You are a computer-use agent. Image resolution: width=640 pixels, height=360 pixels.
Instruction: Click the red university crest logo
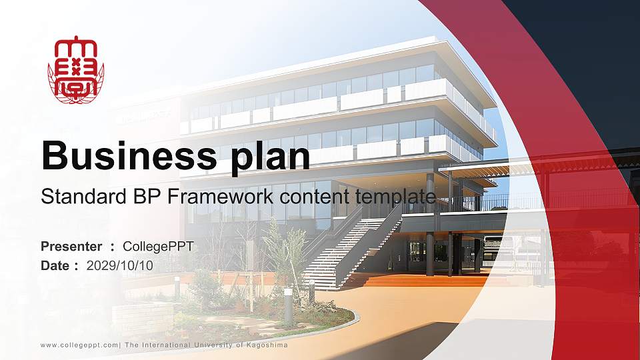[x=75, y=70]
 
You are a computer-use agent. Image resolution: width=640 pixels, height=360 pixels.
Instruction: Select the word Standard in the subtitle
[x=75, y=197]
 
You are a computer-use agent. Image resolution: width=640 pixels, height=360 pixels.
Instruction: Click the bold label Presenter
[x=71, y=247]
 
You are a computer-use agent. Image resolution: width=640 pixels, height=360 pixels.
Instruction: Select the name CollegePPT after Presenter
[x=158, y=247]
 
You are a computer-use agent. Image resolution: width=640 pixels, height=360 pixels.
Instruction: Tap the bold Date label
[x=55, y=265]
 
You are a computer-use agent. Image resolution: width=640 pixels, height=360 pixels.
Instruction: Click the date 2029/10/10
[x=120, y=265]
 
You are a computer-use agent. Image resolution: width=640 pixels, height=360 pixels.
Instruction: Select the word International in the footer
[x=166, y=345]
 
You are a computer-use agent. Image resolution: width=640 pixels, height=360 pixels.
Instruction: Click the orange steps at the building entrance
[x=427, y=281]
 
